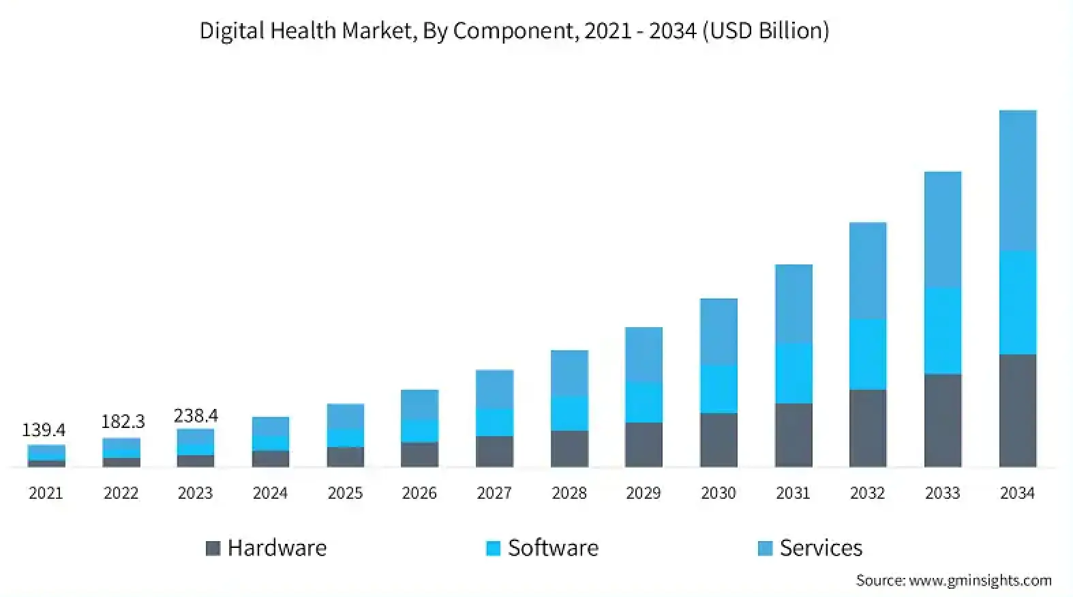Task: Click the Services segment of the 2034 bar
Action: point(1017,181)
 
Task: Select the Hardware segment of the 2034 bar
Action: point(1017,410)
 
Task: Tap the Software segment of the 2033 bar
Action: point(942,331)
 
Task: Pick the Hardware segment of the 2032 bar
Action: point(867,428)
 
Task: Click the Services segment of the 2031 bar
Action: point(793,303)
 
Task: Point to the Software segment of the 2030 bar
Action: point(718,388)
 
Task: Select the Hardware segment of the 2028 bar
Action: point(569,448)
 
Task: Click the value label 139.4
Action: point(44,430)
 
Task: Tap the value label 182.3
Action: point(123,422)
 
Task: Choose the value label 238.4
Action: point(196,415)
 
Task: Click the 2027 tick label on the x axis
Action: point(494,493)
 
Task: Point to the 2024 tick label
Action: point(270,493)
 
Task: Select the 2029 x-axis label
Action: point(644,493)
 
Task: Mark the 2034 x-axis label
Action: point(1017,493)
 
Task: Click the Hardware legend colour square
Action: point(213,548)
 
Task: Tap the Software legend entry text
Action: point(553,548)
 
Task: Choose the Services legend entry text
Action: point(821,548)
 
